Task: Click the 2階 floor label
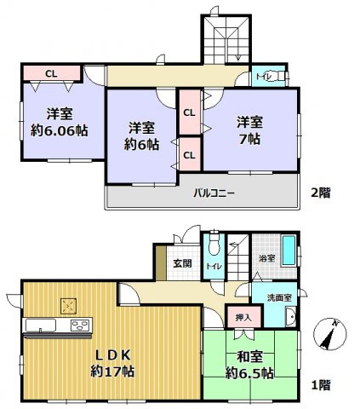(x=320, y=193)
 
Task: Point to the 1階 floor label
(x=320, y=385)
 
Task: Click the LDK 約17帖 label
(x=112, y=362)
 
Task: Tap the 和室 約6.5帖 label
(x=249, y=366)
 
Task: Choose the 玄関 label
(x=183, y=262)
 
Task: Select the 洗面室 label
(x=277, y=298)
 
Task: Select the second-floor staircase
(x=226, y=38)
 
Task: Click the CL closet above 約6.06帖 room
(x=51, y=73)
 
